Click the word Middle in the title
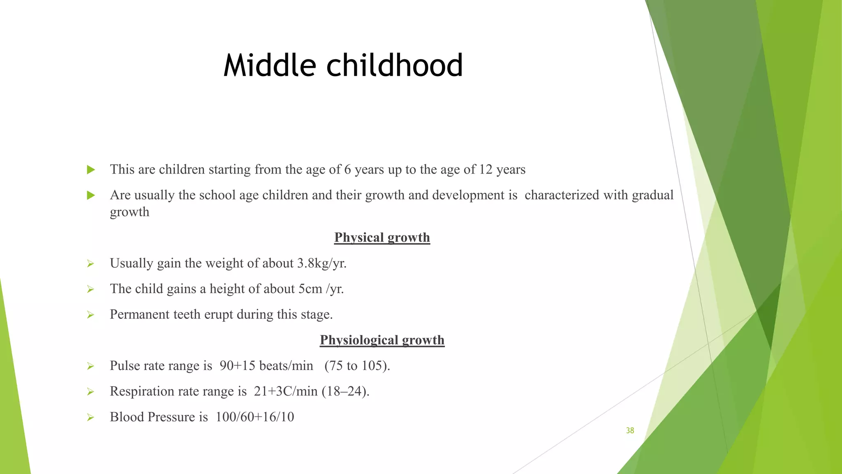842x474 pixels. click(270, 65)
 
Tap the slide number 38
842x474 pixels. click(630, 430)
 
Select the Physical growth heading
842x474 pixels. click(382, 237)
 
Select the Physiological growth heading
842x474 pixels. click(382, 340)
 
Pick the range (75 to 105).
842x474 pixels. click(357, 366)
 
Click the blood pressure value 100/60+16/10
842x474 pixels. click(254, 417)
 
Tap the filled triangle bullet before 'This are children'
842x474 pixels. click(91, 170)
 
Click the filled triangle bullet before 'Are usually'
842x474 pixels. click(91, 195)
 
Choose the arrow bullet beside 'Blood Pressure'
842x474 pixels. click(90, 417)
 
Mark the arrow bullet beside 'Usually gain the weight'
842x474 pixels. click(90, 264)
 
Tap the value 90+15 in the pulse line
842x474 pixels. click(237, 366)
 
